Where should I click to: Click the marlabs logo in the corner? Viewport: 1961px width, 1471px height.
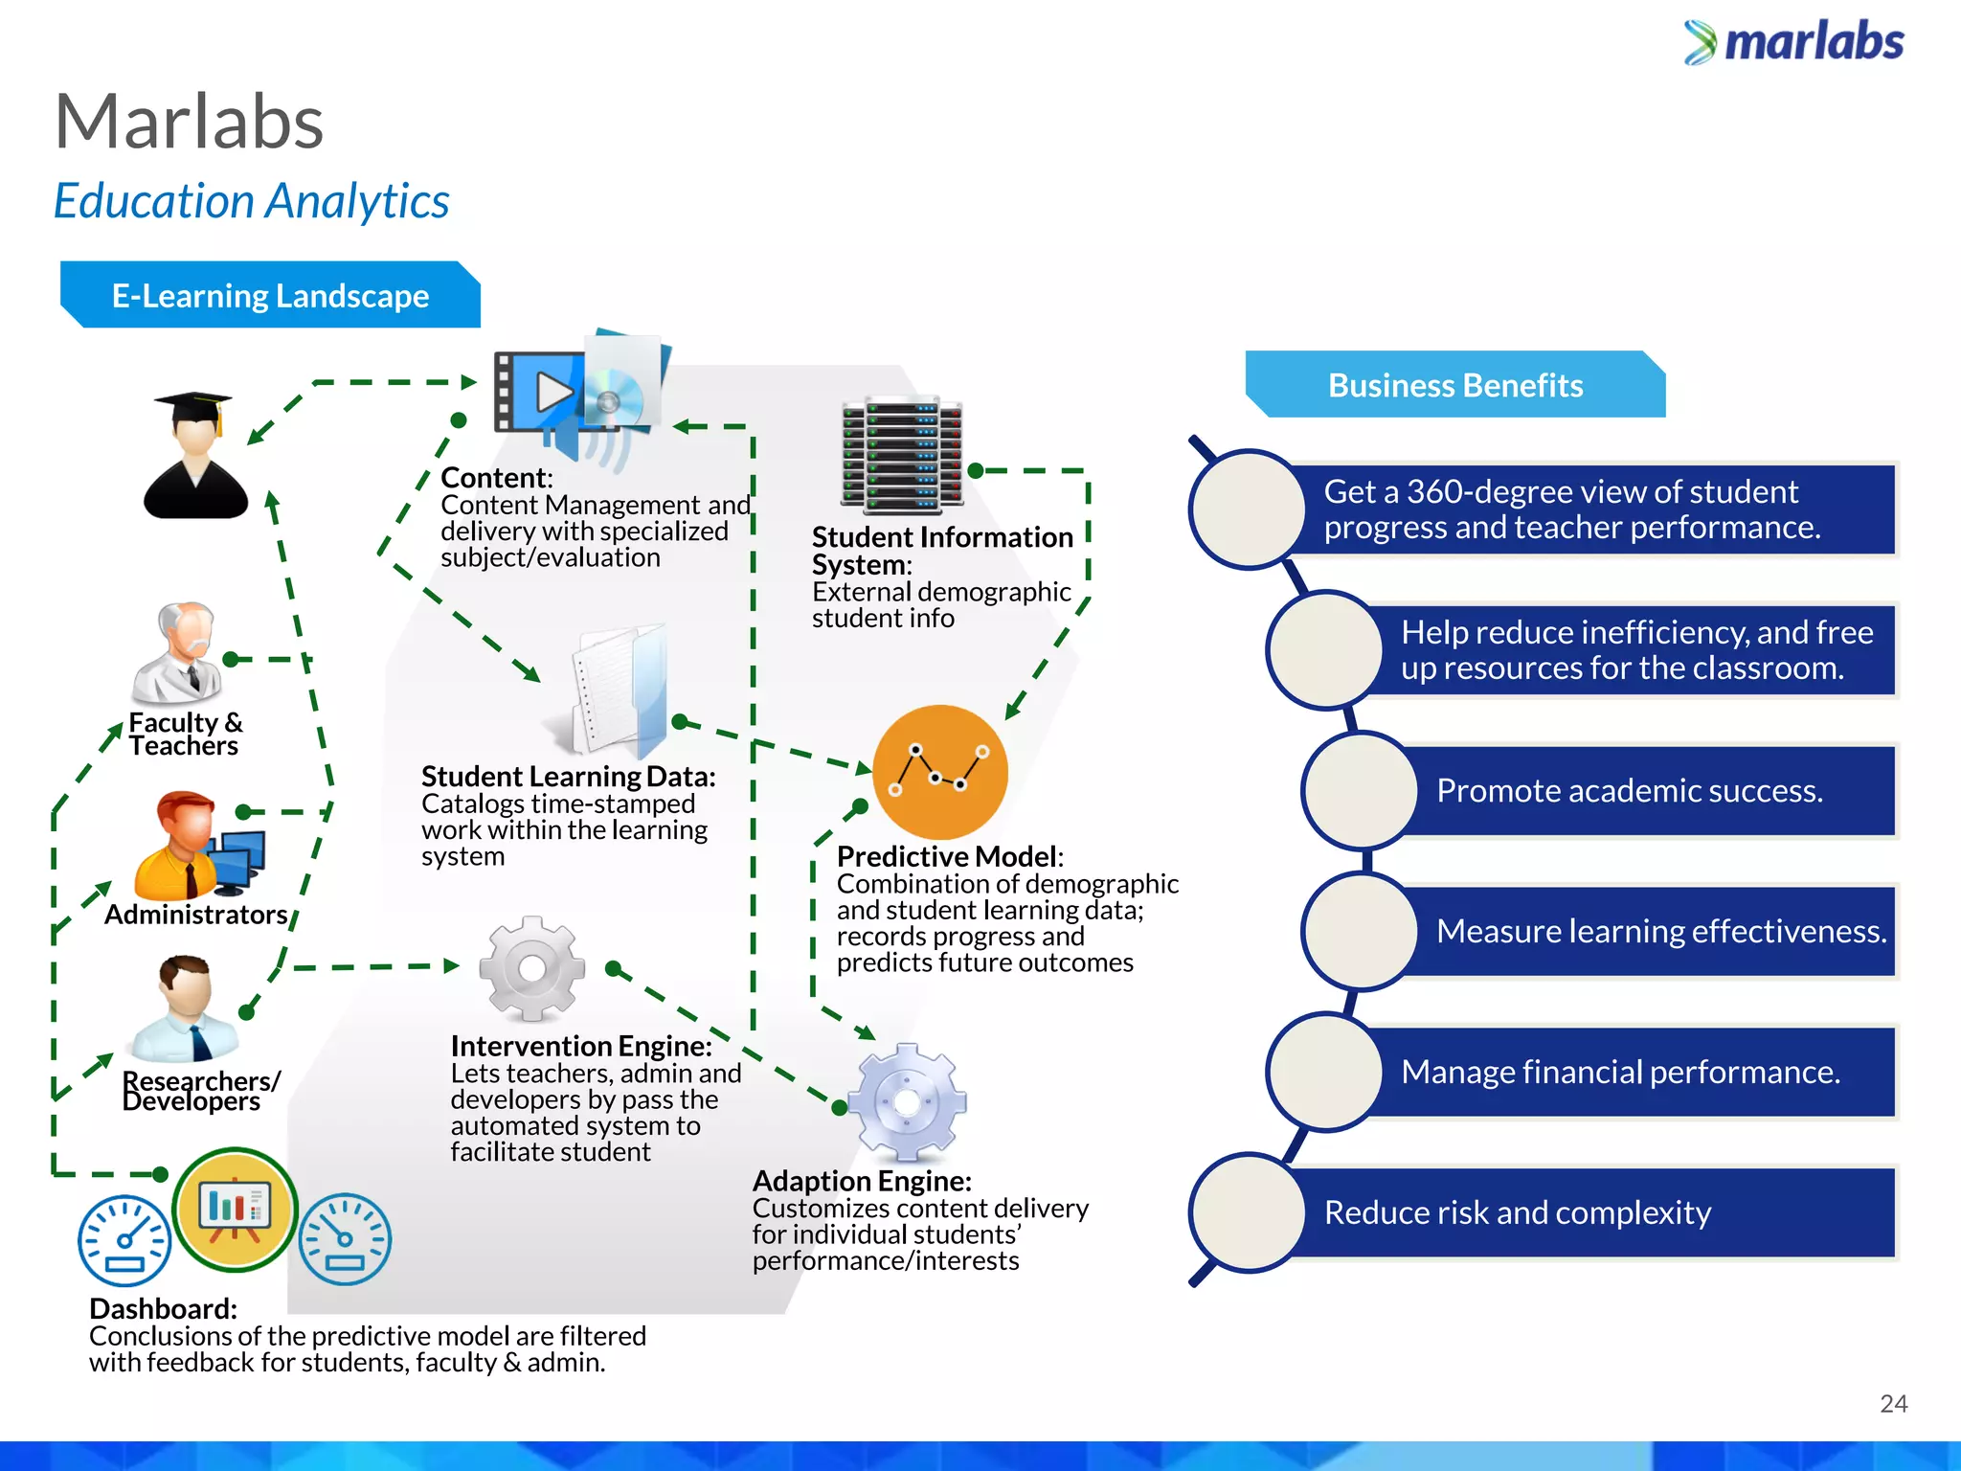point(1793,42)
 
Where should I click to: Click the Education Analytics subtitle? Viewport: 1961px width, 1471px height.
point(251,201)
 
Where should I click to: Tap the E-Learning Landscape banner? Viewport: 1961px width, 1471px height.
point(270,296)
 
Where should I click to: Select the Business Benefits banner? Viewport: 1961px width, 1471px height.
point(1454,385)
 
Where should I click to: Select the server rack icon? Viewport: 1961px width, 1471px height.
point(902,453)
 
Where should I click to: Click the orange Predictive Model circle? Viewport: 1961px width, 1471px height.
point(940,771)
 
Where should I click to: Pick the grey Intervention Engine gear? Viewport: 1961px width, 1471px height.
point(531,968)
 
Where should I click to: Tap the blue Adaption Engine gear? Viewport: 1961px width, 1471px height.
point(907,1102)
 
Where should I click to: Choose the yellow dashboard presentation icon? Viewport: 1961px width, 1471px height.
point(235,1209)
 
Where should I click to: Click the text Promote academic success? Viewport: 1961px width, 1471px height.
point(1629,791)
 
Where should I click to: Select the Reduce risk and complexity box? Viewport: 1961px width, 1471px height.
point(1589,1212)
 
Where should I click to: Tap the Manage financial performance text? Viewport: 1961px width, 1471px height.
point(1620,1072)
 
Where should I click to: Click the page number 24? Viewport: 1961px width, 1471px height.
point(1893,1404)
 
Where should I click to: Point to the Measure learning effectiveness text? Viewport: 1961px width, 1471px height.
point(1660,931)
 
